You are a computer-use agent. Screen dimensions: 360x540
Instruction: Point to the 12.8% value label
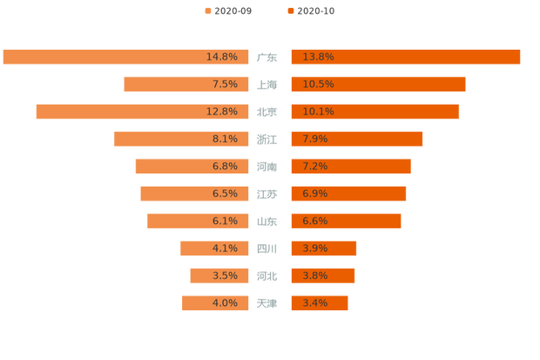pyautogui.click(x=222, y=112)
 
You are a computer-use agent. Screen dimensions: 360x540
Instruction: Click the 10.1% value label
pyautogui.click(x=318, y=112)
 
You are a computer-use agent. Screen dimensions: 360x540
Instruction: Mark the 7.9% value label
pyautogui.click(x=314, y=139)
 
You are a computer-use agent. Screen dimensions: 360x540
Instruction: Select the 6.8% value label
pyautogui.click(x=225, y=166)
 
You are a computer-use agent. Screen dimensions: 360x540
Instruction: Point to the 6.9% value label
pyautogui.click(x=314, y=194)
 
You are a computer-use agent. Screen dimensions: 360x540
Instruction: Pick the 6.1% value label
pyautogui.click(x=225, y=221)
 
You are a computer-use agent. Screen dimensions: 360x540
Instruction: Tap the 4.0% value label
pyautogui.click(x=225, y=303)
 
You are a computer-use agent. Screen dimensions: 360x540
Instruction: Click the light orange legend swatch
pyautogui.click(x=206, y=10)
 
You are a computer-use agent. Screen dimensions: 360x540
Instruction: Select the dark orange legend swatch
pyautogui.click(x=289, y=10)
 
